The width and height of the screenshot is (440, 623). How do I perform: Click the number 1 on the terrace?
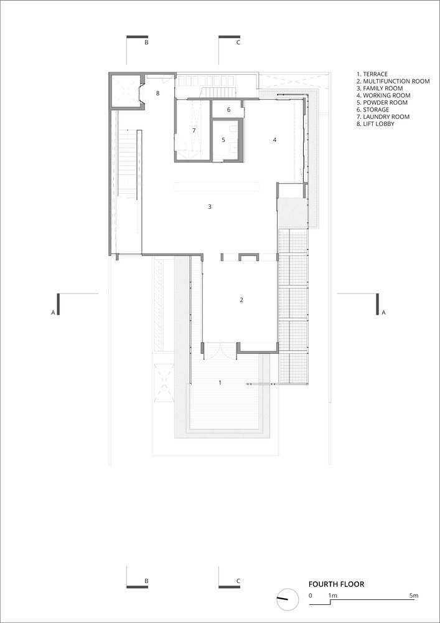[x=220, y=383]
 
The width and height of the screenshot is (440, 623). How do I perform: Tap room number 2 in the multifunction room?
[x=241, y=300]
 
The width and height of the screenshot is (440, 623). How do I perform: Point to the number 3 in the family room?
[x=210, y=207]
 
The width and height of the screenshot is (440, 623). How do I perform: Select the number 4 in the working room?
[x=274, y=140]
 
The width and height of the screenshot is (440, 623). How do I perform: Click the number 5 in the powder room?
[x=223, y=140]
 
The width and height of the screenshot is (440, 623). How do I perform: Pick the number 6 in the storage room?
[x=228, y=110]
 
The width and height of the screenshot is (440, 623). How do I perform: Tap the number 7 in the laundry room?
[x=194, y=130]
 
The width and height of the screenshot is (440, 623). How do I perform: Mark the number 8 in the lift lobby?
[x=157, y=93]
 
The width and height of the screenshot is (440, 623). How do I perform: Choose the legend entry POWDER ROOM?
[x=382, y=103]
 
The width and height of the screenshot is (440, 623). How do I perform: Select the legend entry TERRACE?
[x=372, y=74]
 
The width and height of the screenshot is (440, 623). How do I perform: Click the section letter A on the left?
[x=53, y=313]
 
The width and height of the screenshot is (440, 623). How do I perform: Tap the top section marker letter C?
[x=238, y=43]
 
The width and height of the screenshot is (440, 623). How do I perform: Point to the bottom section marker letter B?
[x=146, y=581]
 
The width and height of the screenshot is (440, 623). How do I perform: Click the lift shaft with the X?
[x=124, y=90]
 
